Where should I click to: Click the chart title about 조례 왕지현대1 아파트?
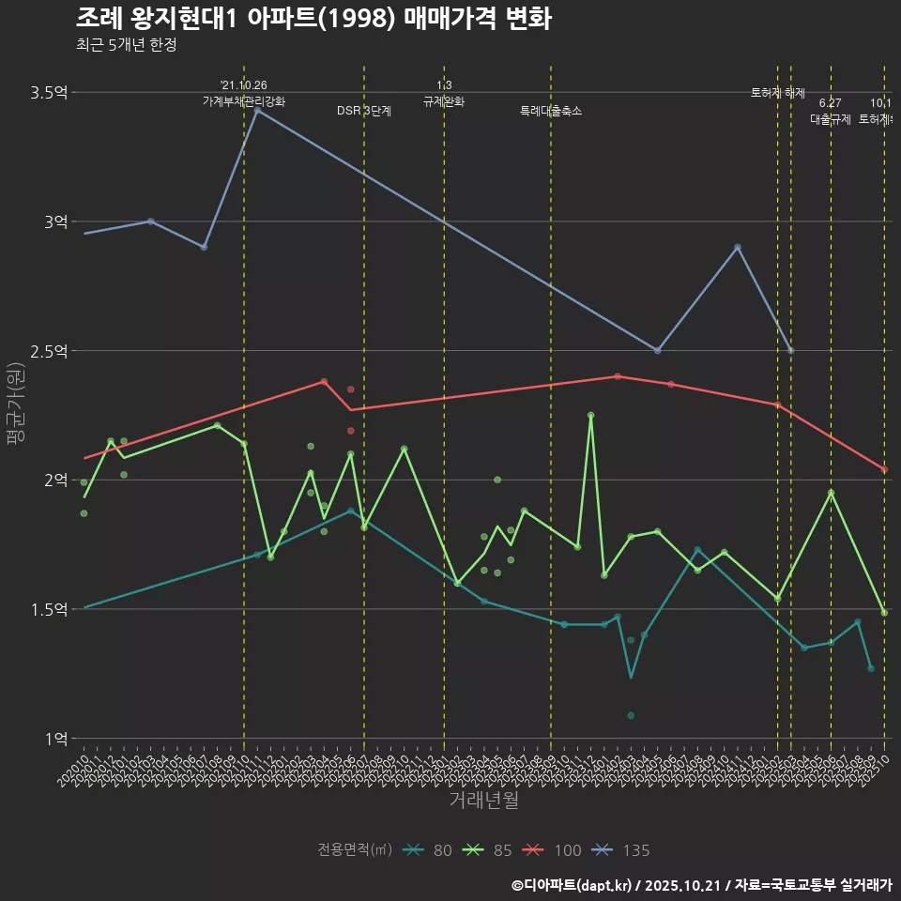point(313,19)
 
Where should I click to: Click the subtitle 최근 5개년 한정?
point(126,44)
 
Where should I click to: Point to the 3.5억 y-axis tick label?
point(49,92)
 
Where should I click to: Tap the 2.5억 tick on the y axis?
point(49,351)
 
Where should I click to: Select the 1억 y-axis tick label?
point(55,739)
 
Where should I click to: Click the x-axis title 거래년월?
point(483,801)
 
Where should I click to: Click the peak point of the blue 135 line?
point(257,110)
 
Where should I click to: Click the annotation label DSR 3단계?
point(364,111)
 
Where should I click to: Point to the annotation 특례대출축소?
point(551,111)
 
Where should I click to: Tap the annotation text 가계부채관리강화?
point(244,100)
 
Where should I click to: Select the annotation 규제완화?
point(444,101)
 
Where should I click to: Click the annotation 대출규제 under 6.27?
point(830,119)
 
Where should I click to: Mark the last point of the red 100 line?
point(884,469)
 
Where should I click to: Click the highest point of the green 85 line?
point(590,415)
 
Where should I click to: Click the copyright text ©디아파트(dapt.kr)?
point(572,885)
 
